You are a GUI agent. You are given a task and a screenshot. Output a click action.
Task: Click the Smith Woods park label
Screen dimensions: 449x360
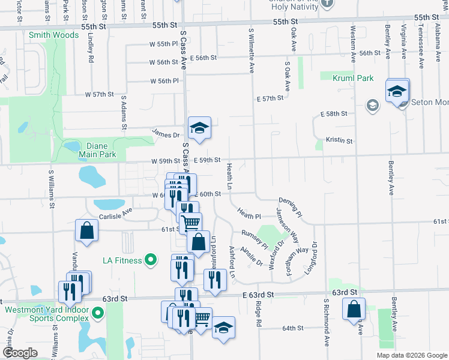coord(53,35)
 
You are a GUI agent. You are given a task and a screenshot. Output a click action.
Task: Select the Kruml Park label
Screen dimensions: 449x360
coord(347,78)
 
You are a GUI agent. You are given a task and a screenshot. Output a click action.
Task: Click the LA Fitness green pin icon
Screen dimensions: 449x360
coord(151,260)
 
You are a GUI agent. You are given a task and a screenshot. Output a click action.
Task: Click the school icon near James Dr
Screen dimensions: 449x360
coord(199,128)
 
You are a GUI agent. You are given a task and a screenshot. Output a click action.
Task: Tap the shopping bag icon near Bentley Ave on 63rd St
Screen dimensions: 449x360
coord(354,310)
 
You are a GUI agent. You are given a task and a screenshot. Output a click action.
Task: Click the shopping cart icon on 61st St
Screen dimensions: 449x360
coord(191,224)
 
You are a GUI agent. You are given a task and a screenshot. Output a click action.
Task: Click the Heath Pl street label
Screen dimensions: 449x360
coord(249,213)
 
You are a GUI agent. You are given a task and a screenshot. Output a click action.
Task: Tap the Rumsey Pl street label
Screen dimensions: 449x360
coord(255,238)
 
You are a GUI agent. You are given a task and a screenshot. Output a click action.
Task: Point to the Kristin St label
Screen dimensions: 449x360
coord(339,140)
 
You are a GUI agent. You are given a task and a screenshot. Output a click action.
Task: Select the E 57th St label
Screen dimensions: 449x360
coord(269,98)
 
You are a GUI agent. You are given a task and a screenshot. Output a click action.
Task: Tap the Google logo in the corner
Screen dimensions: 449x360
coord(20,353)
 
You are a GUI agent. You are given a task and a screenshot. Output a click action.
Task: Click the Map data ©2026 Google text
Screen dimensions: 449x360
coord(412,355)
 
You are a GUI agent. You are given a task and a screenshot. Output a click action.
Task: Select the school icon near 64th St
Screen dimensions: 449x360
coord(223,328)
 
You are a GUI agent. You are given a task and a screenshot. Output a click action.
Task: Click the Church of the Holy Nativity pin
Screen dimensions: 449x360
coord(327,2)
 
